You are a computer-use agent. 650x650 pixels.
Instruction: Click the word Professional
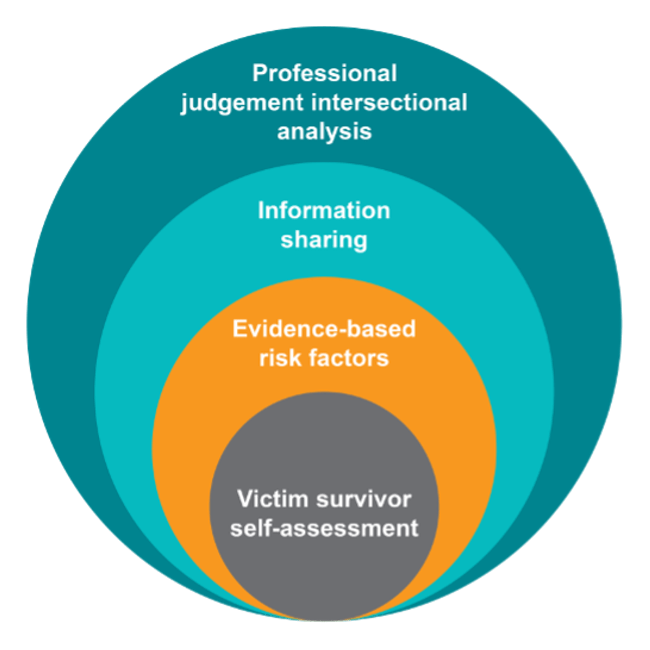click(x=325, y=74)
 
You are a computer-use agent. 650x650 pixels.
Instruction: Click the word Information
click(x=324, y=211)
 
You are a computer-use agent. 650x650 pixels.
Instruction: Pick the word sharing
click(x=324, y=240)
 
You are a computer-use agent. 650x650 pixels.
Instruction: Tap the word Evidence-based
click(x=324, y=329)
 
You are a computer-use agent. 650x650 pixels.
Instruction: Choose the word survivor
click(x=364, y=499)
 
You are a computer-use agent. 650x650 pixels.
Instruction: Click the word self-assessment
click(x=324, y=529)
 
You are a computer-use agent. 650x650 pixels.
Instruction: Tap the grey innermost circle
click(x=324, y=571)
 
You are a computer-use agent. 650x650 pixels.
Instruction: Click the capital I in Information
click(x=261, y=211)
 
